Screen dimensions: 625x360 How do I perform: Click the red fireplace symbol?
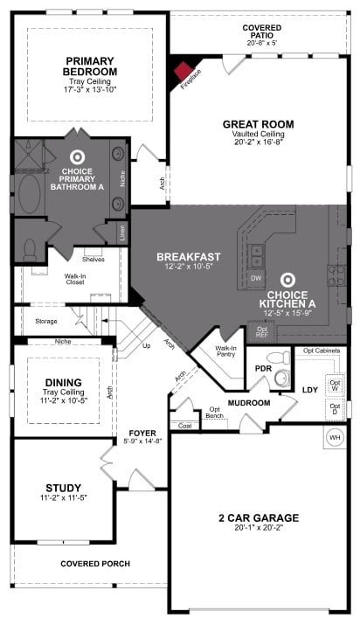click(184, 70)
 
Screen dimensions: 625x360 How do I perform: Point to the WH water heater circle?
click(334, 437)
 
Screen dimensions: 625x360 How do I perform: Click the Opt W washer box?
click(334, 384)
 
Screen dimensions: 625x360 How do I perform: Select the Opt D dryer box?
click(334, 409)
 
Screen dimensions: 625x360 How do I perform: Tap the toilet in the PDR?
click(279, 358)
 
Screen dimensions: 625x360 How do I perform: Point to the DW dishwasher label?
click(256, 278)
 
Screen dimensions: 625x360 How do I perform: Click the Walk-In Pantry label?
click(226, 352)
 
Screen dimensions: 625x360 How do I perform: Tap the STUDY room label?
click(64, 487)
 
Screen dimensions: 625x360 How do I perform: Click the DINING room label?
click(64, 382)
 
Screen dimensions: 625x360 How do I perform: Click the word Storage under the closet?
click(46, 321)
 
